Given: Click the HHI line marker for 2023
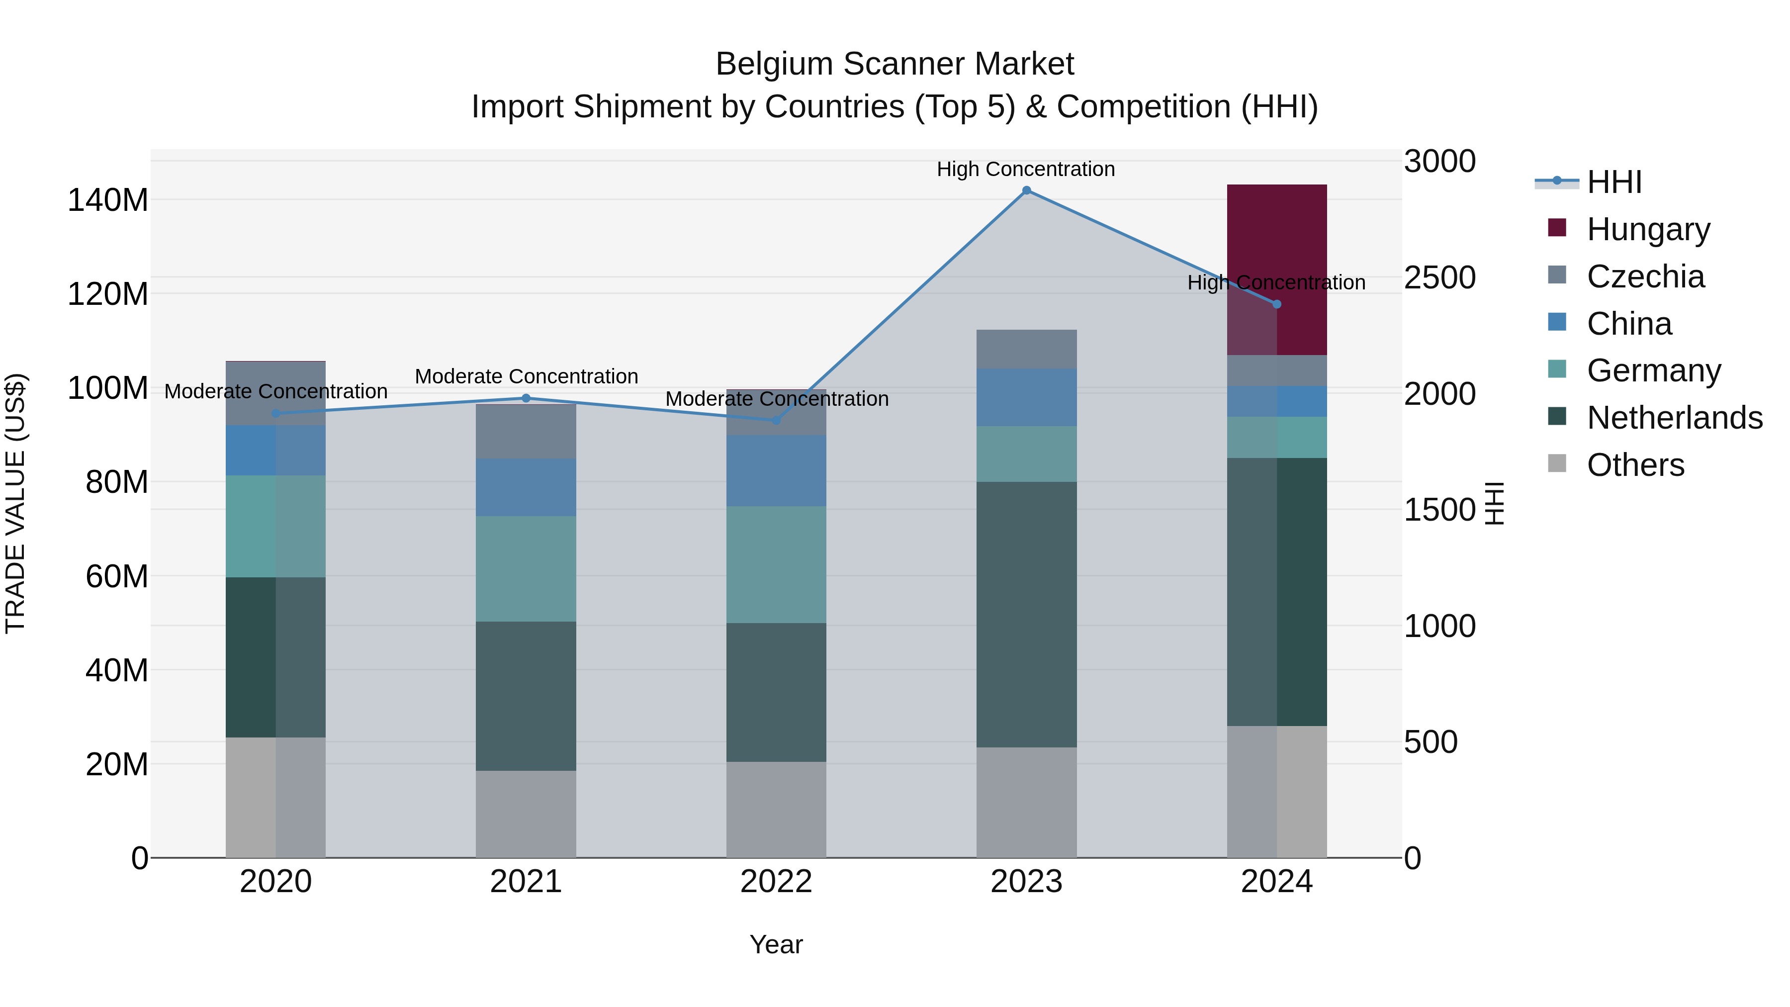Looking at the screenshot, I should pyautogui.click(x=1026, y=190).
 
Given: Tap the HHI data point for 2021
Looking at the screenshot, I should pyautogui.click(x=526, y=398).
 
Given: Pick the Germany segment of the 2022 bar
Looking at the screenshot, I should pyautogui.click(x=776, y=564).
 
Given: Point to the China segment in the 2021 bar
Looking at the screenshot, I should pyautogui.click(x=526, y=487).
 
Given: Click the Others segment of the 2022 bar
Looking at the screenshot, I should pyautogui.click(x=776, y=810).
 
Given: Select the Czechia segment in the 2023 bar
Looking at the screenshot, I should pyautogui.click(x=1026, y=349).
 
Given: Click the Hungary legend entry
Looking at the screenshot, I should pyautogui.click(x=1648, y=229).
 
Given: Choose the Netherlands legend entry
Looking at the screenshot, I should pyautogui.click(x=1674, y=418).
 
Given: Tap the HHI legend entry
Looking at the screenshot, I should pyautogui.click(x=1613, y=182).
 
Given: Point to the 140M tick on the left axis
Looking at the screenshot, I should pyautogui.click(x=108, y=200).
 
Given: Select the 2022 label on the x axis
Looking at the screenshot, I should pyautogui.click(x=776, y=882).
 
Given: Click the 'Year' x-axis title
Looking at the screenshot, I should pyautogui.click(x=776, y=944).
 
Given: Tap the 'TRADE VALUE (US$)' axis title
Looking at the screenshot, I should pyautogui.click(x=15, y=503).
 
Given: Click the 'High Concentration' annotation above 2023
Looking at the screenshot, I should pyautogui.click(x=1026, y=169).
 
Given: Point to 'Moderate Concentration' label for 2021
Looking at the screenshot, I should pyautogui.click(x=526, y=376).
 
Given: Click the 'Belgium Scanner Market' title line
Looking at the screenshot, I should pyautogui.click(x=895, y=64).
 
